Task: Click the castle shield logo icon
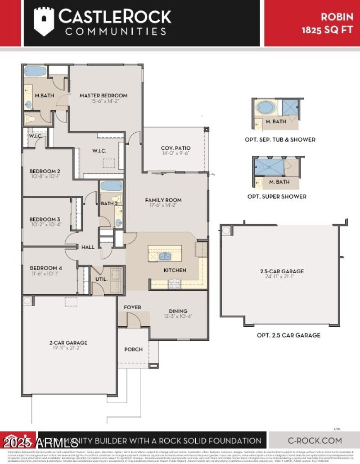44,22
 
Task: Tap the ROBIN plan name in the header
336,17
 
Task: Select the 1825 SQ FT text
327,30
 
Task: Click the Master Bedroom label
103,95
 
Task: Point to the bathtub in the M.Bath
35,71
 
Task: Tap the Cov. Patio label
175,148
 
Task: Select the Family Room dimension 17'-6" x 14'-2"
163,206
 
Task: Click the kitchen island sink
165,257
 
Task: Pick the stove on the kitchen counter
174,284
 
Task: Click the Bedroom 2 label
45,171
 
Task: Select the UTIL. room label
102,279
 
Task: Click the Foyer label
132,307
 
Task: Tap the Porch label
133,349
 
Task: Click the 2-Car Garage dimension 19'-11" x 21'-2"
68,348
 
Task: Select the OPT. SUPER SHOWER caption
277,196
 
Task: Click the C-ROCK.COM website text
315,441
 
